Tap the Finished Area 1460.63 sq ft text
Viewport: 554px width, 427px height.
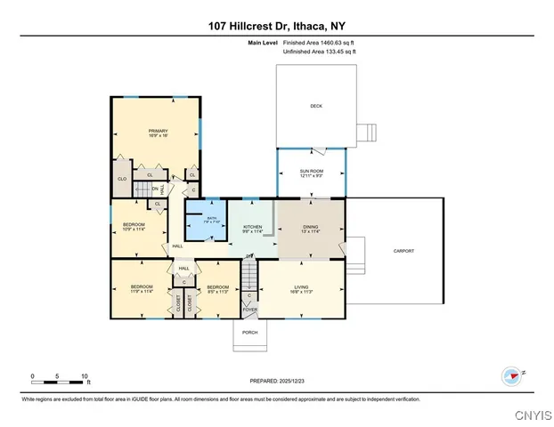(323, 43)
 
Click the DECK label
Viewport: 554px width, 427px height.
(315, 106)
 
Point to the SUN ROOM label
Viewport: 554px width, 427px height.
(311, 173)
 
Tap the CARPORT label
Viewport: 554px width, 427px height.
(403, 251)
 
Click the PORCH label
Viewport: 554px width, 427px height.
(250, 332)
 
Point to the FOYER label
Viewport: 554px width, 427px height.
(250, 309)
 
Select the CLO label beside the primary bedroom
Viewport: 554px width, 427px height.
(122, 179)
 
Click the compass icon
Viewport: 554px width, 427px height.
(510, 375)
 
